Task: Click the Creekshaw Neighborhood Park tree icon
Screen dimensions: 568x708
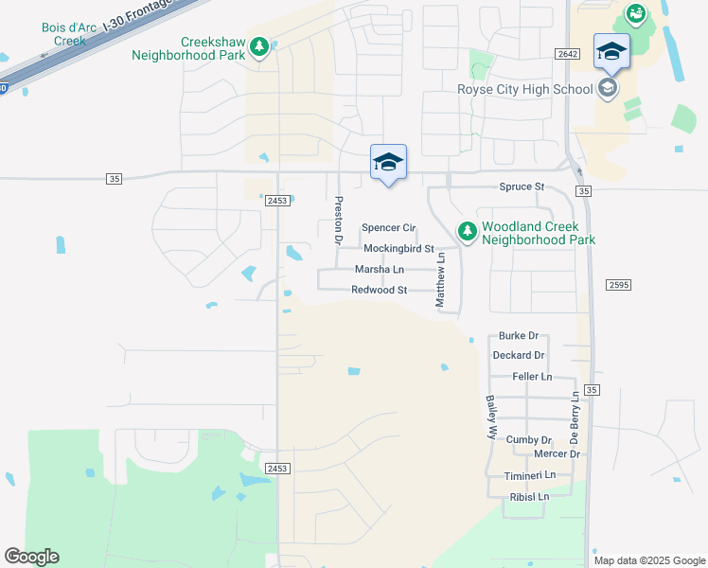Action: point(258,48)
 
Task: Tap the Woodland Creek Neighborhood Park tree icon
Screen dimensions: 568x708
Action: point(467,231)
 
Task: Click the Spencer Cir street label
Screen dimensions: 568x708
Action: point(389,228)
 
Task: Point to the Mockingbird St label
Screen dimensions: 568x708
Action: point(398,249)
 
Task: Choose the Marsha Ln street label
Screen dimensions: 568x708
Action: point(379,270)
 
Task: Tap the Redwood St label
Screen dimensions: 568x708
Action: point(379,290)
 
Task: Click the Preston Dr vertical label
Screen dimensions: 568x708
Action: point(337,220)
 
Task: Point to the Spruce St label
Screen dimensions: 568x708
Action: point(522,187)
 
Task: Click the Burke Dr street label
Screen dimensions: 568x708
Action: point(519,336)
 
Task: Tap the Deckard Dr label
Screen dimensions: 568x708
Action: point(519,356)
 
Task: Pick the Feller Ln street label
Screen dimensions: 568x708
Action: point(532,377)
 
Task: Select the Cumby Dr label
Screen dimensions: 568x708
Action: point(528,440)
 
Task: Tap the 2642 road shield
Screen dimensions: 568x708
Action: point(568,55)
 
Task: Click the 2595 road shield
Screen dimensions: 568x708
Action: point(618,285)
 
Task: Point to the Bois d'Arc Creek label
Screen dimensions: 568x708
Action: point(63,34)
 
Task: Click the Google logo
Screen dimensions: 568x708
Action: point(31,557)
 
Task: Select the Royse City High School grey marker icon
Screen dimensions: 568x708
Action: point(608,89)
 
